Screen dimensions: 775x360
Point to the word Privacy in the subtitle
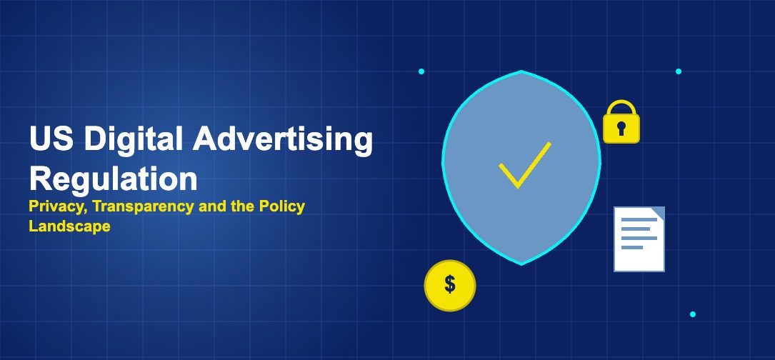[59, 206]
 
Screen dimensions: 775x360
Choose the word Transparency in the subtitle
[144, 206]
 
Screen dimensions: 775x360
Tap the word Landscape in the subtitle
[69, 226]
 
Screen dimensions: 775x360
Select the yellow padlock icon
[621, 121]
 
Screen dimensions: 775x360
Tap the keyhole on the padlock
[621, 129]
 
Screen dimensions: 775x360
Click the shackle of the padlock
[621, 109]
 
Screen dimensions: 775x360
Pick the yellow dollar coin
[450, 285]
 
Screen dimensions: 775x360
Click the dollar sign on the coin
[450, 285]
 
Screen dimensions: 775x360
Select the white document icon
[639, 239]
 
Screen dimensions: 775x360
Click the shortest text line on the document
[631, 247]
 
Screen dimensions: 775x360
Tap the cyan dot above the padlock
[679, 71]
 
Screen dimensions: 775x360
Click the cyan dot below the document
[692, 314]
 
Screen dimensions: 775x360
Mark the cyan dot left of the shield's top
[421, 71]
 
